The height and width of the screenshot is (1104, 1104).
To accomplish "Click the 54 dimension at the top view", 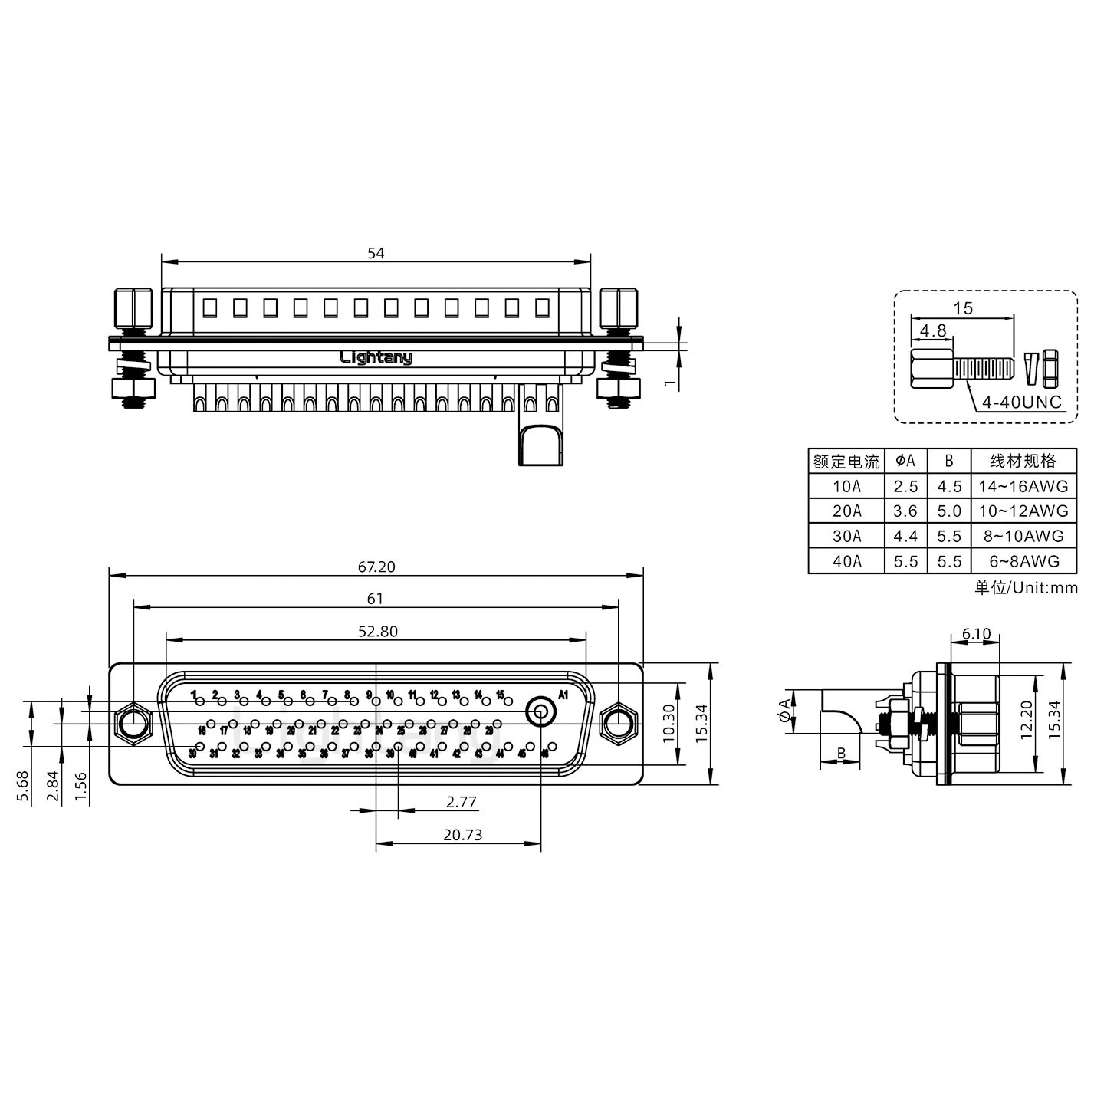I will click(375, 253).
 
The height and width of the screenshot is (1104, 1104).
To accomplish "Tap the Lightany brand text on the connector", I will click(376, 357).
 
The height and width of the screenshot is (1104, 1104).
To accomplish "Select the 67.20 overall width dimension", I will click(376, 567).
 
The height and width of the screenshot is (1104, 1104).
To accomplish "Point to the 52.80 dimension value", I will click(378, 631).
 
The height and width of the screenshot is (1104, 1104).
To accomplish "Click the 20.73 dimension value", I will click(462, 835).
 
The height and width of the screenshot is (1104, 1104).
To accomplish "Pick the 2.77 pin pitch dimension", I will click(461, 803).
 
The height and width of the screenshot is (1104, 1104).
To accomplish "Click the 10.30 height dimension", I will click(669, 723).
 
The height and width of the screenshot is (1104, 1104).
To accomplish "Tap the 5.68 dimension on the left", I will click(22, 786).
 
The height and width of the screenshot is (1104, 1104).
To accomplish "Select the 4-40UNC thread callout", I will click(1023, 402).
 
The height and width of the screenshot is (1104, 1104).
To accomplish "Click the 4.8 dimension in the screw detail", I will click(932, 330).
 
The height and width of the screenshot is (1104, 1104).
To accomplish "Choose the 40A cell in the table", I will click(846, 561).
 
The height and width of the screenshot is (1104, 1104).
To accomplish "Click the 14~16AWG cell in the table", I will click(1023, 486).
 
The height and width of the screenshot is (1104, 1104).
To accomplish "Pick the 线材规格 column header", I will click(1023, 461).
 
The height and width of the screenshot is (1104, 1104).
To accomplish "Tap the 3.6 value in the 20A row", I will click(905, 511).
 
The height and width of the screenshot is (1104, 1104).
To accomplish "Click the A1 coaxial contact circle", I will click(540, 712).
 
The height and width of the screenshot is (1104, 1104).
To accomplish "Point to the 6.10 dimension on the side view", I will click(975, 634).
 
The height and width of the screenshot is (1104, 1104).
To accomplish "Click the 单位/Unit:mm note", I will click(1026, 588).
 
